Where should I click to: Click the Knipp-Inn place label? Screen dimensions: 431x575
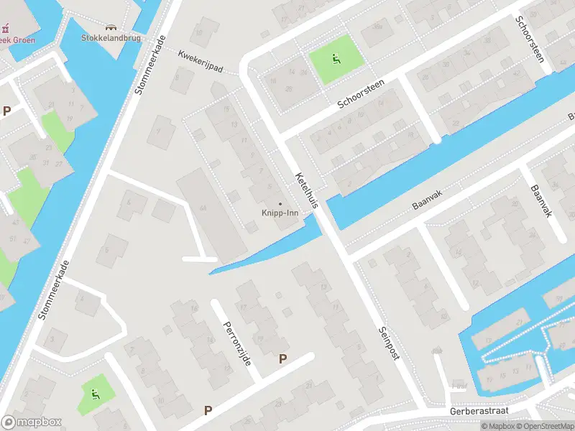pos(280,213)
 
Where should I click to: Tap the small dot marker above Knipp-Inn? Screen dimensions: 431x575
pos(280,203)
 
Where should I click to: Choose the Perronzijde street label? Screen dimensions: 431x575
pos(236,331)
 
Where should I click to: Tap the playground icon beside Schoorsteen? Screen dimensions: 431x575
pos(336,58)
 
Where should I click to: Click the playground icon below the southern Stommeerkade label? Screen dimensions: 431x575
pos(96,393)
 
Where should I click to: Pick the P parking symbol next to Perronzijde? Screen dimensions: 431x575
pos(283,358)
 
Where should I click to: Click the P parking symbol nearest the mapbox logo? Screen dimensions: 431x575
pos(208,410)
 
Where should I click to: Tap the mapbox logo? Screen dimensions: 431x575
pos(31,422)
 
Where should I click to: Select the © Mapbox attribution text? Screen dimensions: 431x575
pos(499,426)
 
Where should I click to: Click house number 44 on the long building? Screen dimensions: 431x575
pos(203,208)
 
